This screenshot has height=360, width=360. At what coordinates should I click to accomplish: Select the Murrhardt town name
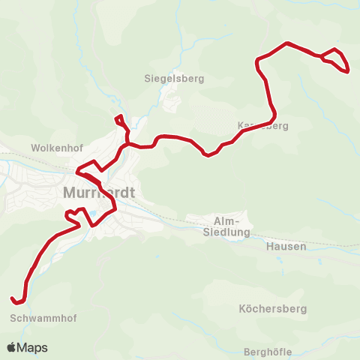tap(99, 193)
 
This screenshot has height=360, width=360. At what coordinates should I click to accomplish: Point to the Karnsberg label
tap(262, 126)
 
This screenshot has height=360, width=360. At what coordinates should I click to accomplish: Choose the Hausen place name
tap(286, 246)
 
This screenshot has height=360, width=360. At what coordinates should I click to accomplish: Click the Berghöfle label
tap(268, 352)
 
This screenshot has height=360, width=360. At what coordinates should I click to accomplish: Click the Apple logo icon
tap(11, 347)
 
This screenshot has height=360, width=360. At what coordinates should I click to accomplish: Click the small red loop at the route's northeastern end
tap(337, 61)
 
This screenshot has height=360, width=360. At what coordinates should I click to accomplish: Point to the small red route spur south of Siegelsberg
tap(118, 119)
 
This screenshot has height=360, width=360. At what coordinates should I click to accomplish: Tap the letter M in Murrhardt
tap(70, 193)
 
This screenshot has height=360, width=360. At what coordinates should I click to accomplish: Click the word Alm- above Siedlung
tap(226, 220)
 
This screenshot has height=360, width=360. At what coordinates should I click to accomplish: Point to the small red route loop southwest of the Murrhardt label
tap(73, 217)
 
